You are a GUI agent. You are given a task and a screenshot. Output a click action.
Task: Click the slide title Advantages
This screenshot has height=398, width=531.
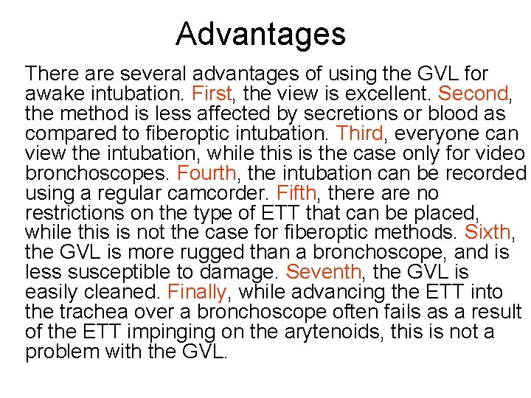pyautogui.click(x=260, y=34)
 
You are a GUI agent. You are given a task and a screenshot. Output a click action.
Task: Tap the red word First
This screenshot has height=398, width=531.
pyautogui.click(x=211, y=94)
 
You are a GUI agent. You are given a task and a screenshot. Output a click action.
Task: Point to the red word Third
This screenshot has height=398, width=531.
pyautogui.click(x=360, y=134)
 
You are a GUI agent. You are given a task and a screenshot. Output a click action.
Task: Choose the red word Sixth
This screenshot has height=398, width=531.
pyautogui.click(x=487, y=233)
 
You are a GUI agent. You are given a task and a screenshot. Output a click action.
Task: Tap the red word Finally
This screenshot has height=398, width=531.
pyautogui.click(x=192, y=293)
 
